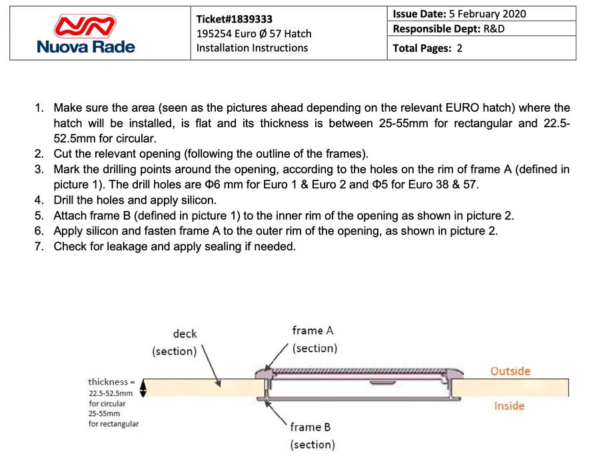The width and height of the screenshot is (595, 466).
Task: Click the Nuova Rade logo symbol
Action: tap(85, 25)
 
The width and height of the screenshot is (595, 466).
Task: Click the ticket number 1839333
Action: tap(235, 19)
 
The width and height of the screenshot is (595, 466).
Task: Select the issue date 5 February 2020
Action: tap(488, 14)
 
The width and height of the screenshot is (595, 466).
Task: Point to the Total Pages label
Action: tap(422, 48)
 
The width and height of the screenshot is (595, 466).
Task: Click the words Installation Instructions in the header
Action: tap(252, 48)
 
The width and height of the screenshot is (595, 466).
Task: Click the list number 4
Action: tap(39, 200)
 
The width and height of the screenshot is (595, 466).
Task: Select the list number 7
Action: tap(39, 246)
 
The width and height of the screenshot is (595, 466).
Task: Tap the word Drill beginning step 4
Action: tap(65, 200)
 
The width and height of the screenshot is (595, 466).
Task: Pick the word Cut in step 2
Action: tap(63, 154)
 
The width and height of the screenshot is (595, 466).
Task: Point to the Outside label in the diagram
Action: tap(510, 371)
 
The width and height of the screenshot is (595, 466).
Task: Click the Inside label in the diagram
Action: tap(509, 405)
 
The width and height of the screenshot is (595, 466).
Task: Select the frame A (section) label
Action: tap(314, 339)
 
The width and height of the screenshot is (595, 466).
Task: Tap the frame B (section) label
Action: tap(312, 435)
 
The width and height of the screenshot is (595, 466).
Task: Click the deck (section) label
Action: tap(175, 342)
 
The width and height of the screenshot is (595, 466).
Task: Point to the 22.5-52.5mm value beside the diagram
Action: tap(111, 393)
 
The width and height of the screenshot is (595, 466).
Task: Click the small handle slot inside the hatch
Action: tap(382, 383)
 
